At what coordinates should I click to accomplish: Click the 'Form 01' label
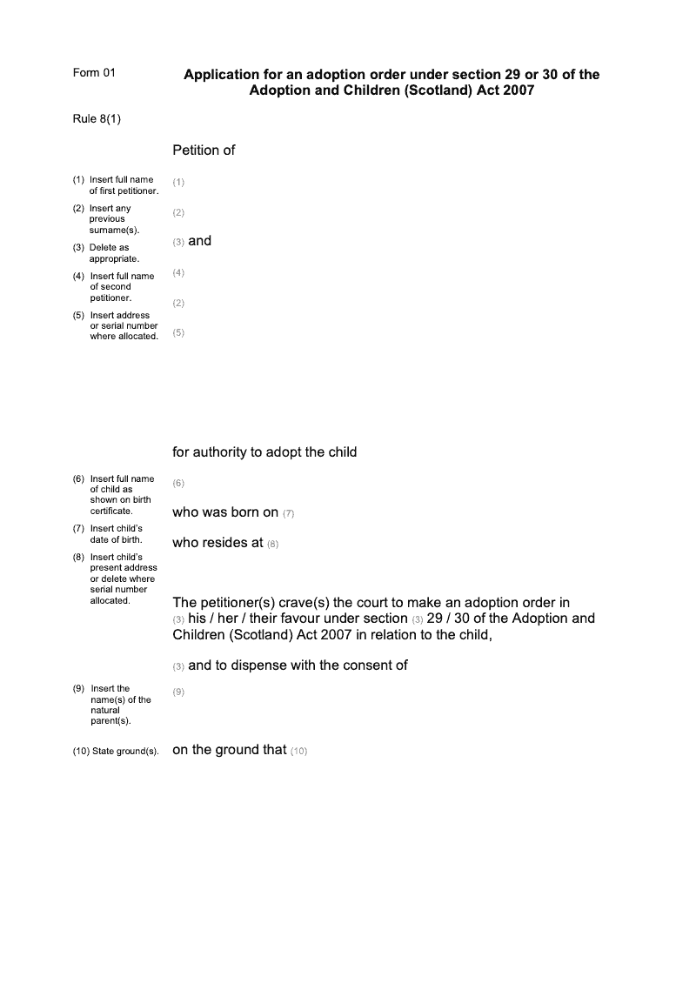coord(93,73)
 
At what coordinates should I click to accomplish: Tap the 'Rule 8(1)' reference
coord(97,119)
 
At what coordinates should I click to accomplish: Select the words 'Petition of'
coord(204,150)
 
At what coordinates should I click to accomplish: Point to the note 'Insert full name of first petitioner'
coord(123,185)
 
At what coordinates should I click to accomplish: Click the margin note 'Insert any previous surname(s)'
coord(114,219)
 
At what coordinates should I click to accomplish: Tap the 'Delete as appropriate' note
coord(114,253)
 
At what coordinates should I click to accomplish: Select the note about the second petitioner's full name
coord(121,287)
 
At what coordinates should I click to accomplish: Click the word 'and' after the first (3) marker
coord(200,241)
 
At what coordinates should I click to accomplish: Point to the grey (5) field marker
coord(178,332)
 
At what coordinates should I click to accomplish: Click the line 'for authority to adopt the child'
coord(264,452)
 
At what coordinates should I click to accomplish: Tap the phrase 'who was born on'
coord(225,512)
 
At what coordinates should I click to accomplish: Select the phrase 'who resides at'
coord(217,543)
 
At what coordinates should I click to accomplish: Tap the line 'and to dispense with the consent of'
coord(298,665)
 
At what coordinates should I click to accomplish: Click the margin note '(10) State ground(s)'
coord(116,751)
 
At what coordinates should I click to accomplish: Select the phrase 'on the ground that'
coord(230,750)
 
